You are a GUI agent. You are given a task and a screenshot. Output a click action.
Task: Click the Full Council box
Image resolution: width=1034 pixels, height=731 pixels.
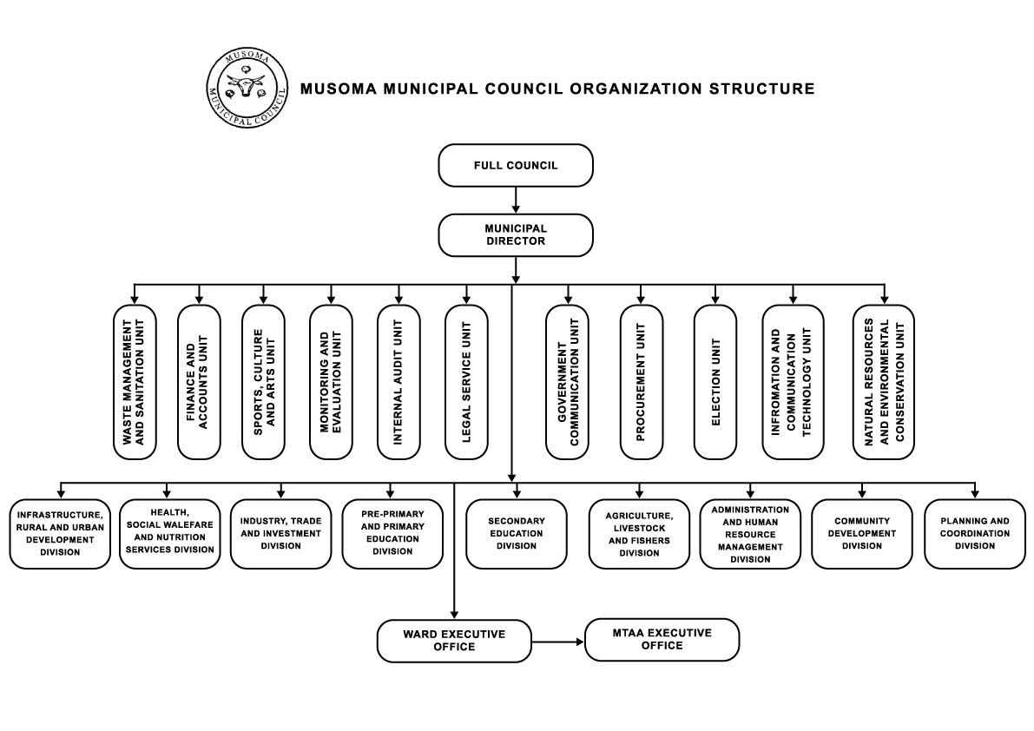point(516,165)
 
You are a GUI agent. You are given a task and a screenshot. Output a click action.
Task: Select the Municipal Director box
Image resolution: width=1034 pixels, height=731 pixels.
point(516,234)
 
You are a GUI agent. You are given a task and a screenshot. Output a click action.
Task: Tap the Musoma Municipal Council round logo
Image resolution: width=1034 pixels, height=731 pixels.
point(247,87)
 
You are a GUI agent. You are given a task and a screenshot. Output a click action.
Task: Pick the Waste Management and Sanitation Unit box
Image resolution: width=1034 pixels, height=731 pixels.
point(135,382)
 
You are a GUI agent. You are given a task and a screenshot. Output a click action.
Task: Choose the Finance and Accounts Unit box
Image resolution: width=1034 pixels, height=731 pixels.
point(199,382)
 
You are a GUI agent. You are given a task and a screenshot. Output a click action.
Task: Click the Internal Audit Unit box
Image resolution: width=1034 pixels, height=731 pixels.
point(398,382)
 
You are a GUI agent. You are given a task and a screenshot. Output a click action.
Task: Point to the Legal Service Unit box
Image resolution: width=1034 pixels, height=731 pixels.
point(466,382)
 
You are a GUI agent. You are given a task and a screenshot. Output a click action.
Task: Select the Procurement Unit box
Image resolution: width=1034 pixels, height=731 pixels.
point(641,382)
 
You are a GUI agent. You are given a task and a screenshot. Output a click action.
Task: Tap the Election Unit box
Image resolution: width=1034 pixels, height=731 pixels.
point(715,382)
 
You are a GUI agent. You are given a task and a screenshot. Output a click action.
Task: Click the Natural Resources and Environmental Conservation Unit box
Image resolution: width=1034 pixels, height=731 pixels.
point(884,382)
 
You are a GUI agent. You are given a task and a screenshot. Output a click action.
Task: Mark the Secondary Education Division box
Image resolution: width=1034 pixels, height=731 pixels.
point(517,534)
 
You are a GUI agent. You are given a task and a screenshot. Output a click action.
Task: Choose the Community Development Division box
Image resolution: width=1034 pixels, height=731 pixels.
point(861,534)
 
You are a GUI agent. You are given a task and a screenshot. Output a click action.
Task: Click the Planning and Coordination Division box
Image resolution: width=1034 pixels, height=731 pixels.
point(975,534)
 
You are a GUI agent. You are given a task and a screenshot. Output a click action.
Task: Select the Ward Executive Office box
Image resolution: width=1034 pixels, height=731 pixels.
point(454,641)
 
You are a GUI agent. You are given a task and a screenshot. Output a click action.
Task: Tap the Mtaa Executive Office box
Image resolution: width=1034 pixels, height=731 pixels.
point(662,640)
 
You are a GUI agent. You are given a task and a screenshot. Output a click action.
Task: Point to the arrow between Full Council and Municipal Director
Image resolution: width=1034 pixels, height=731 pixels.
point(516,200)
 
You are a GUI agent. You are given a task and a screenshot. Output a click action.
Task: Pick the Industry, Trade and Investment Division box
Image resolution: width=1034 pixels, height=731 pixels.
point(280,534)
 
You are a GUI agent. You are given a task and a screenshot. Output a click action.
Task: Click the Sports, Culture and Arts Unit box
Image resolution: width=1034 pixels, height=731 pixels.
point(263,382)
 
